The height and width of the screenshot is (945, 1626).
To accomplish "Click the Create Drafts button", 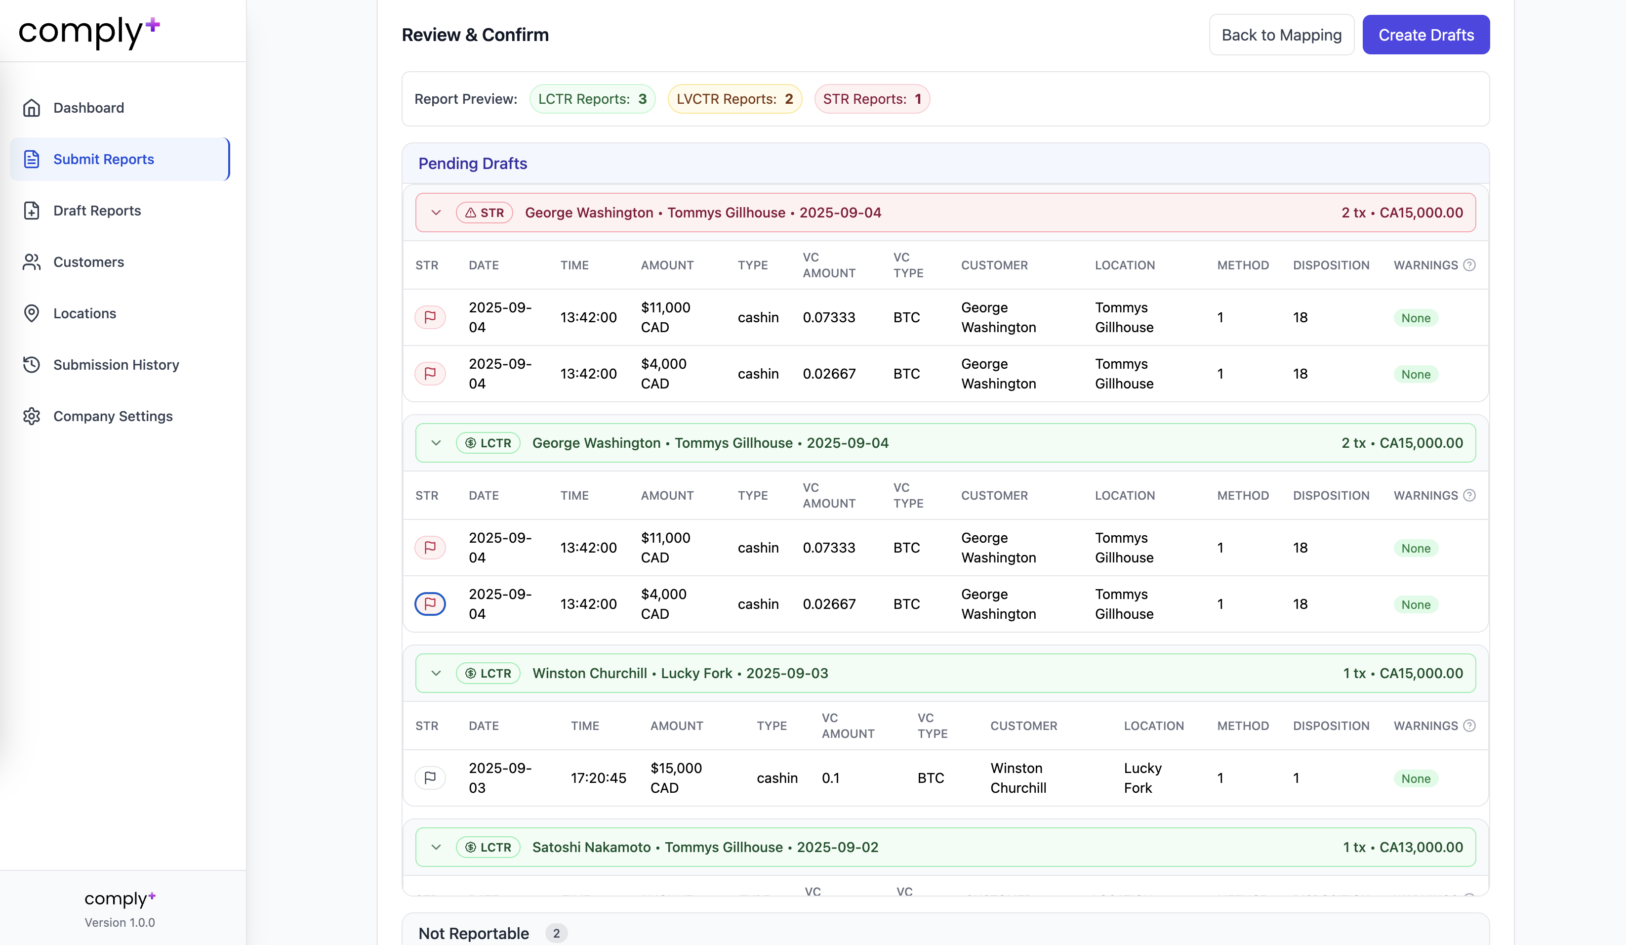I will (x=1425, y=35).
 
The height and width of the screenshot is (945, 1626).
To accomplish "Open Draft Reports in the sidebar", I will (x=97, y=211).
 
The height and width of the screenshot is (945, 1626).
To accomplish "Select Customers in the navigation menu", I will (x=88, y=262).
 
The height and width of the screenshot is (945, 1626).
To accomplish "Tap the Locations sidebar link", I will (x=84, y=314).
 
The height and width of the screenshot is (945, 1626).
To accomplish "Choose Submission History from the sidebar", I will (x=116, y=365).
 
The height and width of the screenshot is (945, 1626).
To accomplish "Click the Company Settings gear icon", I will (x=32, y=416).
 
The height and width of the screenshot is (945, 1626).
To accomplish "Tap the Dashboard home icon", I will (x=32, y=108).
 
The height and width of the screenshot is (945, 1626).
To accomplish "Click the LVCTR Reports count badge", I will (x=734, y=99).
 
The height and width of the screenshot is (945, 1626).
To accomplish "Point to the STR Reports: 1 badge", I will (x=871, y=99).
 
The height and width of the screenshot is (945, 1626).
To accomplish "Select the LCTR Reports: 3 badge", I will (x=592, y=99).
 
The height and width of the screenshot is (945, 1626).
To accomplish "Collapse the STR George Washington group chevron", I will (x=436, y=213).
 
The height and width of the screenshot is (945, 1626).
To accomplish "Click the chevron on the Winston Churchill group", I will (x=436, y=673).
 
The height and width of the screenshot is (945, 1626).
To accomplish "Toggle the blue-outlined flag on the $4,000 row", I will (x=430, y=603).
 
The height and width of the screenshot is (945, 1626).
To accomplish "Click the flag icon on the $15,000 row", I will (x=430, y=778).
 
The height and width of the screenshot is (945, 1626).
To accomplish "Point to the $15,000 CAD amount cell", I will (x=676, y=778).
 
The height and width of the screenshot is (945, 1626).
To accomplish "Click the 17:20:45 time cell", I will (x=598, y=778).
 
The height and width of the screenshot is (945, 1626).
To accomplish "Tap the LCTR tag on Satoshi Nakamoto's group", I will (x=488, y=847).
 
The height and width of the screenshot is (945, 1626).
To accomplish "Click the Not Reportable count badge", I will (x=556, y=933).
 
